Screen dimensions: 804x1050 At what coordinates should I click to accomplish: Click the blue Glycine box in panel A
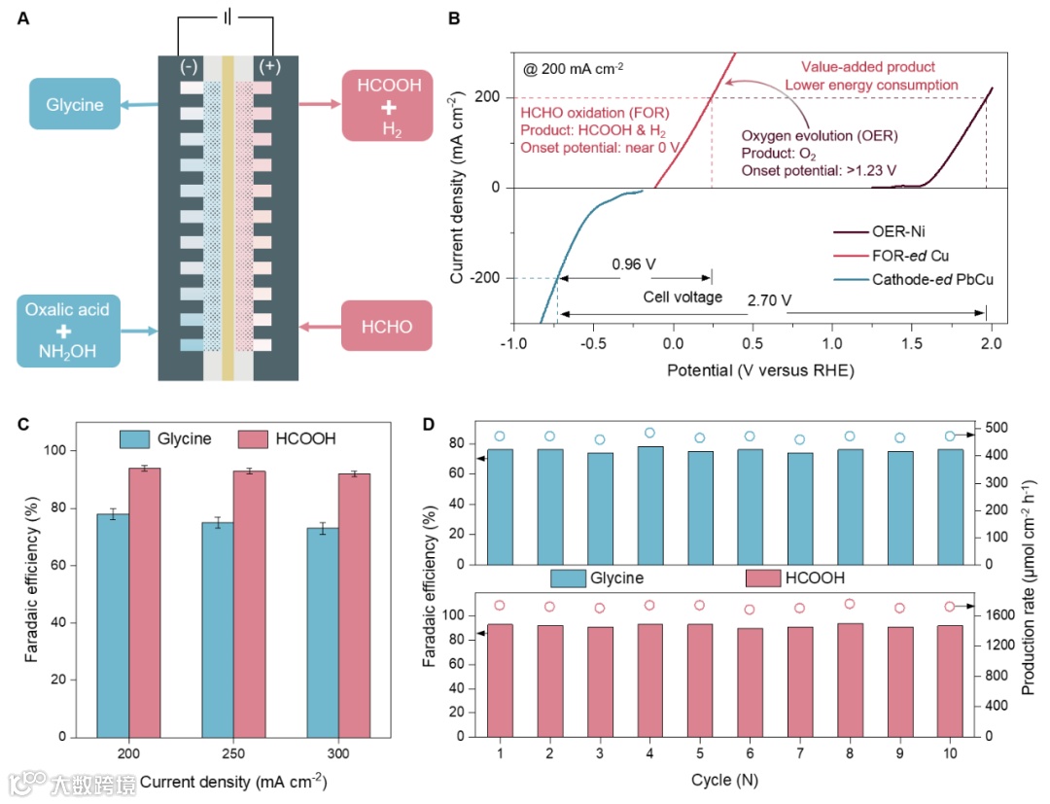coord(74,104)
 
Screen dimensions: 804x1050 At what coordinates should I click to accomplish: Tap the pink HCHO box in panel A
coord(387,326)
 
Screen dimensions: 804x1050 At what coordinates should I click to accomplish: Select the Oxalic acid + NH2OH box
coord(68,332)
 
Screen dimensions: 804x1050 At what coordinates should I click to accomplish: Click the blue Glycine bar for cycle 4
coord(649,506)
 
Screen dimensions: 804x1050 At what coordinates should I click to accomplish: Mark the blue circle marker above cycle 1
coord(500,437)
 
